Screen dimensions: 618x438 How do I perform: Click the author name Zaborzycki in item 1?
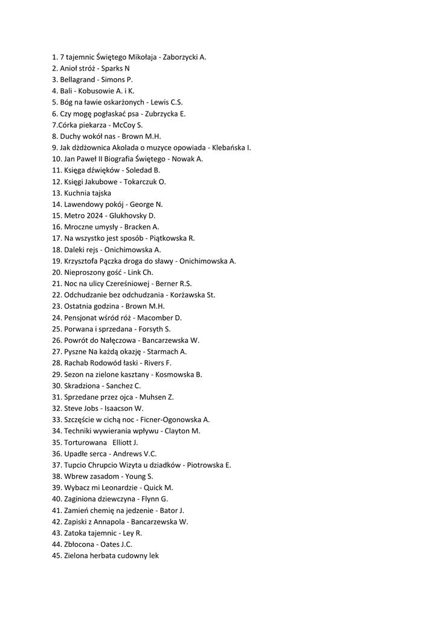point(181,57)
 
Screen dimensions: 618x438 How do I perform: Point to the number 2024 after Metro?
point(96,215)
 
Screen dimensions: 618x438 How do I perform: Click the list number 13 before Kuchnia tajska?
point(57,193)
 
